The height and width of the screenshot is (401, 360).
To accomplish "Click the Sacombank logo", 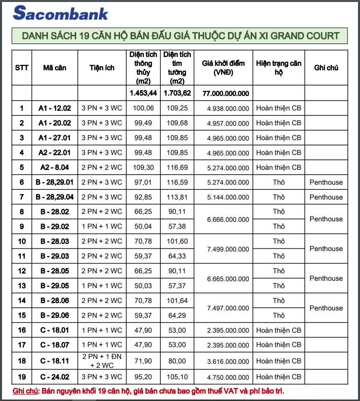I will [x=60, y=13].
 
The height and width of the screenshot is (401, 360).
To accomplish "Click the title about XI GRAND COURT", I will [x=180, y=36].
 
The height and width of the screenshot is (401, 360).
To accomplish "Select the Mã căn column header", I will [x=54, y=67].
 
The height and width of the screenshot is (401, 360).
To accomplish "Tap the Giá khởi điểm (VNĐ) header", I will [x=223, y=67].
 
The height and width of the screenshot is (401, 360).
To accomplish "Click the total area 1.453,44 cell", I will [x=143, y=93].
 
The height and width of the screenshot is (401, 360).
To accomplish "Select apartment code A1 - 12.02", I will [x=54, y=108].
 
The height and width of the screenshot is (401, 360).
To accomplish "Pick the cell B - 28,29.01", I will [x=54, y=182].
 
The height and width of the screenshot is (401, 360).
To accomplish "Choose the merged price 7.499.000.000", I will [x=228, y=249].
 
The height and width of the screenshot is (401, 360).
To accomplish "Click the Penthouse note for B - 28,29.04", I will [x=326, y=197].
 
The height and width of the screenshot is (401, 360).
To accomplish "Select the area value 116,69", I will [x=177, y=167].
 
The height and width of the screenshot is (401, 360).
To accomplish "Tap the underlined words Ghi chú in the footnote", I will [x=25, y=391].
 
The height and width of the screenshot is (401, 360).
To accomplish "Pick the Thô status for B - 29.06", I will [x=278, y=315].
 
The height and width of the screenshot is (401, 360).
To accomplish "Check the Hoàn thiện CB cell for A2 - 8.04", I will [x=278, y=167].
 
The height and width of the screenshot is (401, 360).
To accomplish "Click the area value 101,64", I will [x=177, y=301].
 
